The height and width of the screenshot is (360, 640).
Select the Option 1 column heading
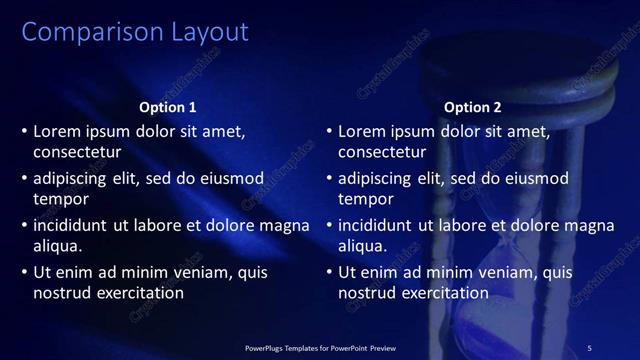(167, 107)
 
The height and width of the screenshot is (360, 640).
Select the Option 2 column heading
(472, 107)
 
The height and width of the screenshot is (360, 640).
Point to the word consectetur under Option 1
(77, 153)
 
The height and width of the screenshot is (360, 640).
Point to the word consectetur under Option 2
(382, 153)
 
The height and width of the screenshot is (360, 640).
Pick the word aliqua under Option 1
(57, 246)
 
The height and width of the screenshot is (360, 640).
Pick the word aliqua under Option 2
(362, 246)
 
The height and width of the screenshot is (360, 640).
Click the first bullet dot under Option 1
(24, 131)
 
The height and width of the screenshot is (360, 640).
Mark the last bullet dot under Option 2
(329, 272)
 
